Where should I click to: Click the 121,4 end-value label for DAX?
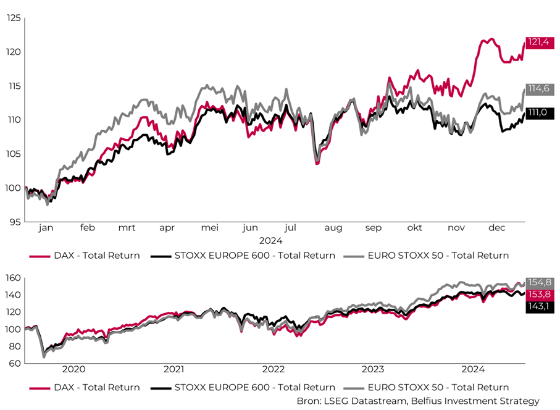click(x=537, y=42)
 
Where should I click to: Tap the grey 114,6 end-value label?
click(x=537, y=89)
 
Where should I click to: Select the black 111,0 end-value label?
click(x=537, y=113)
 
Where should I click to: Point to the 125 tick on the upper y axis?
click(x=13, y=18)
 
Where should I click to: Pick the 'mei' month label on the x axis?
click(x=210, y=228)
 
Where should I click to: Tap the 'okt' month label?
click(x=414, y=228)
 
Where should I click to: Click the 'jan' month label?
click(x=46, y=228)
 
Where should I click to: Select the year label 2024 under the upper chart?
click(x=271, y=240)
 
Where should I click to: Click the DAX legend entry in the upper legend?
click(x=84, y=255)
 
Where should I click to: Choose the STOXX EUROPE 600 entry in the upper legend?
click(x=243, y=255)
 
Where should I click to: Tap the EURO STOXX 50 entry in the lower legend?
click(x=426, y=387)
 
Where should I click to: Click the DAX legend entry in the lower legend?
click(x=84, y=387)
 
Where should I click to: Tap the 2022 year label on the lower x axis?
click(x=273, y=369)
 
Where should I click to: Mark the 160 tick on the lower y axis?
click(x=13, y=277)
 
